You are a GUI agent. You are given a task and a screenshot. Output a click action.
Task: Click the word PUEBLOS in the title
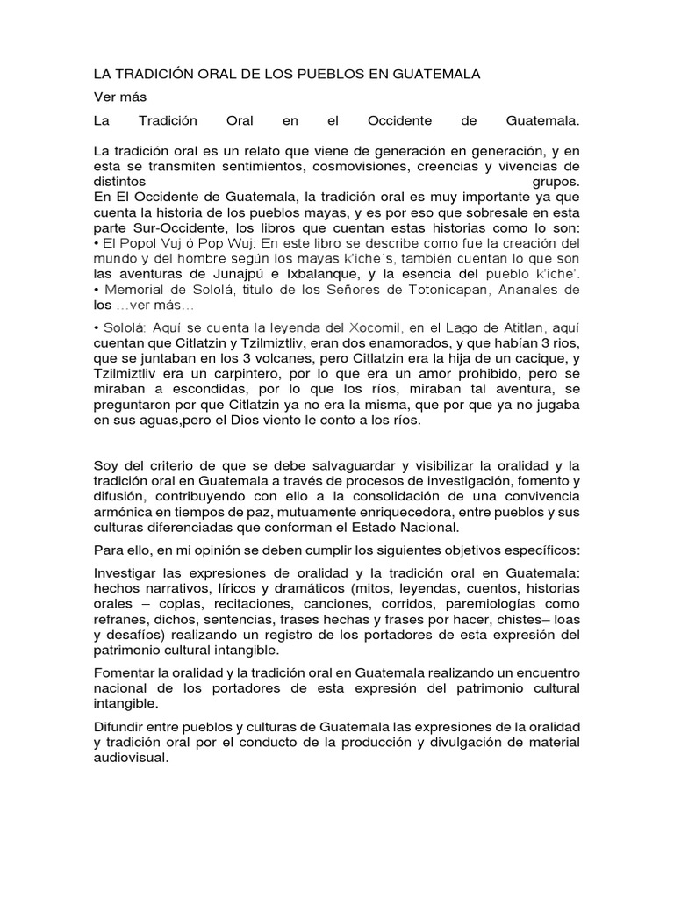(321, 74)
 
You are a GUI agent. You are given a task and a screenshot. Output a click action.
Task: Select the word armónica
(125, 512)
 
